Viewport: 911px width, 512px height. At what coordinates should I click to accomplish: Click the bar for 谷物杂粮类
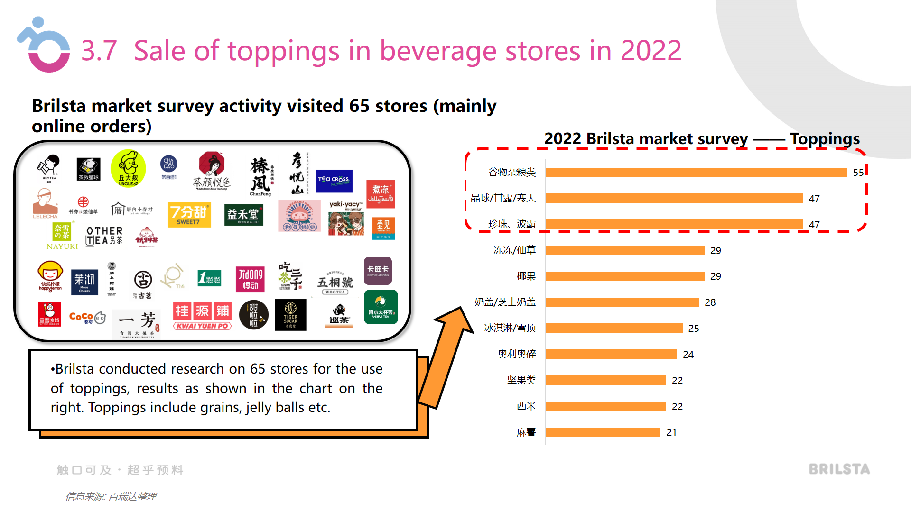(696, 172)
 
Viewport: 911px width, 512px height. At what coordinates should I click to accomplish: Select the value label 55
(858, 173)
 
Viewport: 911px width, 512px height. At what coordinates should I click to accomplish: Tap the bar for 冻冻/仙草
(625, 250)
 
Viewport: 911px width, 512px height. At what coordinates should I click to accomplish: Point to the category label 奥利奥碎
(517, 354)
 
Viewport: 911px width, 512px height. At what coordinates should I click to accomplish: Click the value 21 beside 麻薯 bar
(671, 432)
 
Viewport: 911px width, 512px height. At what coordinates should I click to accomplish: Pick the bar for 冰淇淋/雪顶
(614, 328)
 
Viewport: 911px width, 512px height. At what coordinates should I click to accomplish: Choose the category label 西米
(526, 406)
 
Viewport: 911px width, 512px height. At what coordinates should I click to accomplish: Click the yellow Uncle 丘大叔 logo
(128, 169)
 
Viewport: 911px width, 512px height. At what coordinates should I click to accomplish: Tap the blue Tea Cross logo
(334, 180)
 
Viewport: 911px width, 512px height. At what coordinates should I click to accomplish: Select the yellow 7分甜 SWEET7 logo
(189, 214)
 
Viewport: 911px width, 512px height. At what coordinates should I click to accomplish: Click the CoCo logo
(87, 318)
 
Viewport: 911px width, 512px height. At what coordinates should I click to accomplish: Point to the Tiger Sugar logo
(290, 315)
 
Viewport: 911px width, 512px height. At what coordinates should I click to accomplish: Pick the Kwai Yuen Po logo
(202, 316)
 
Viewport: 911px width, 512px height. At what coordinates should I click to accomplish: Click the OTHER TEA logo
(104, 236)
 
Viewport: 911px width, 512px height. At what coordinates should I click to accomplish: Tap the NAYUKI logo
(62, 236)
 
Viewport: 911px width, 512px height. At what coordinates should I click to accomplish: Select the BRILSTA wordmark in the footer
(839, 469)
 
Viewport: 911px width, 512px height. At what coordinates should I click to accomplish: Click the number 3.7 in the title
(99, 51)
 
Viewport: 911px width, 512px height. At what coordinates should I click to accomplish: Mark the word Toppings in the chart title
(825, 139)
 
